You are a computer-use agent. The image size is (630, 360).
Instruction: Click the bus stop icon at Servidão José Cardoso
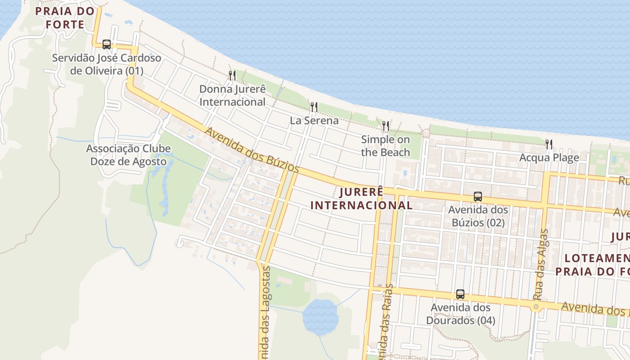[107, 44]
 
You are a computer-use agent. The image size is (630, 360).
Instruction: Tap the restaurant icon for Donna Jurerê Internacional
[232, 75]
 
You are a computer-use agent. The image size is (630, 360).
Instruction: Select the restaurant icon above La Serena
[314, 107]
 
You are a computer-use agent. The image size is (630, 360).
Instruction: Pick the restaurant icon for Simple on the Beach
[386, 126]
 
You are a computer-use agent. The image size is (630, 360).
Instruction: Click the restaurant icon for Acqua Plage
[549, 144]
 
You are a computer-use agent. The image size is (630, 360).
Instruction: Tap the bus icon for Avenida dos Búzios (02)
[477, 197]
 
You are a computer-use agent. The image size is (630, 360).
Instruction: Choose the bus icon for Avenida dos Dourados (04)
[460, 294]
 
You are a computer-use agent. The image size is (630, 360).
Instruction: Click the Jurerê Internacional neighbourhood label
[361, 198]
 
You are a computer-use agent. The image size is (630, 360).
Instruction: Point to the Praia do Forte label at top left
[65, 18]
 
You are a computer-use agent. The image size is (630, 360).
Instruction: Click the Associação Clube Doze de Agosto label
[128, 155]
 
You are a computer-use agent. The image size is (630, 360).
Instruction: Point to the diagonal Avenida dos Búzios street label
[252, 150]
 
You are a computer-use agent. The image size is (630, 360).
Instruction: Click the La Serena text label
[314, 121]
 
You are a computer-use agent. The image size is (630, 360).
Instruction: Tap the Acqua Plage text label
[549, 157]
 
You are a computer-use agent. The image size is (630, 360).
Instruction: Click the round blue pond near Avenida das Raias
[320, 317]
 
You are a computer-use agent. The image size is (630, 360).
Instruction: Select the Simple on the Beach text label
[386, 146]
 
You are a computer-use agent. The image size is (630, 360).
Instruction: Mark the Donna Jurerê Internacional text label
[233, 95]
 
